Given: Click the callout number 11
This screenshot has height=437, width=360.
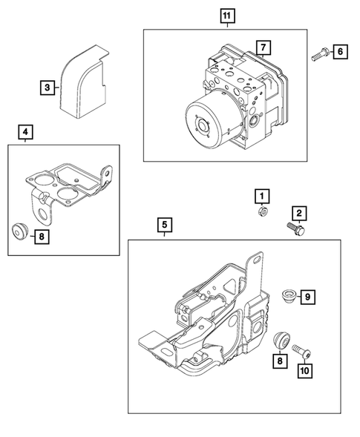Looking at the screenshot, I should (226, 15).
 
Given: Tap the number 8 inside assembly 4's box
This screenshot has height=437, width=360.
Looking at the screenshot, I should (42, 237).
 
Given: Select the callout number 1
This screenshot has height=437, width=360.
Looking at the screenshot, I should (261, 196).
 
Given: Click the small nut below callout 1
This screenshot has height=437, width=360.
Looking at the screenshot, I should (261, 212).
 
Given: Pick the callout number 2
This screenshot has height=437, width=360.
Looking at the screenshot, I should (298, 214).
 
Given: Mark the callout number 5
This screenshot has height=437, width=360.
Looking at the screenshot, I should (163, 223).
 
